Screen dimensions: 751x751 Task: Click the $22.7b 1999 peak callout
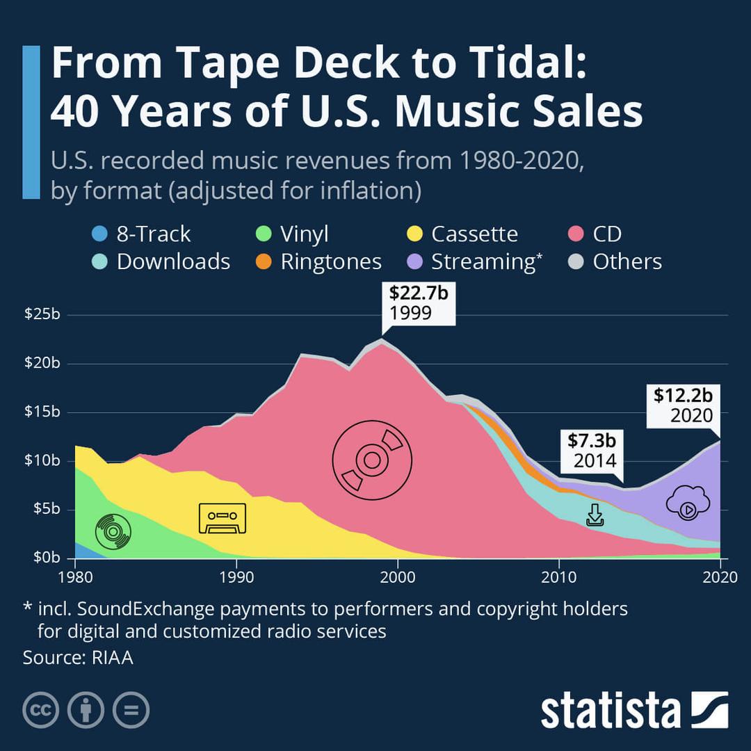click(418, 303)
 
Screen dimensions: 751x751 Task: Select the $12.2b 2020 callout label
click(683, 405)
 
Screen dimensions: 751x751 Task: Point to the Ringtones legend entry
click(321, 262)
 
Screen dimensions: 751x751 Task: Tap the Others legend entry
click(617, 262)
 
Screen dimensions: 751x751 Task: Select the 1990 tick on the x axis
click(236, 576)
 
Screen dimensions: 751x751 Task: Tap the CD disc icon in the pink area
click(372, 460)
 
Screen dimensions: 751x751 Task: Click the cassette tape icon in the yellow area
click(222, 518)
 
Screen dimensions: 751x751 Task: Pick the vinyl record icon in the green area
click(113, 532)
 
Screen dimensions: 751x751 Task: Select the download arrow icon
click(595, 515)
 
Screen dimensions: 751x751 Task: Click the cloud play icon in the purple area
click(687, 505)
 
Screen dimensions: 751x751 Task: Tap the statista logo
click(634, 710)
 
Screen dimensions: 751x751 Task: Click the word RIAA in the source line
click(112, 657)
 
